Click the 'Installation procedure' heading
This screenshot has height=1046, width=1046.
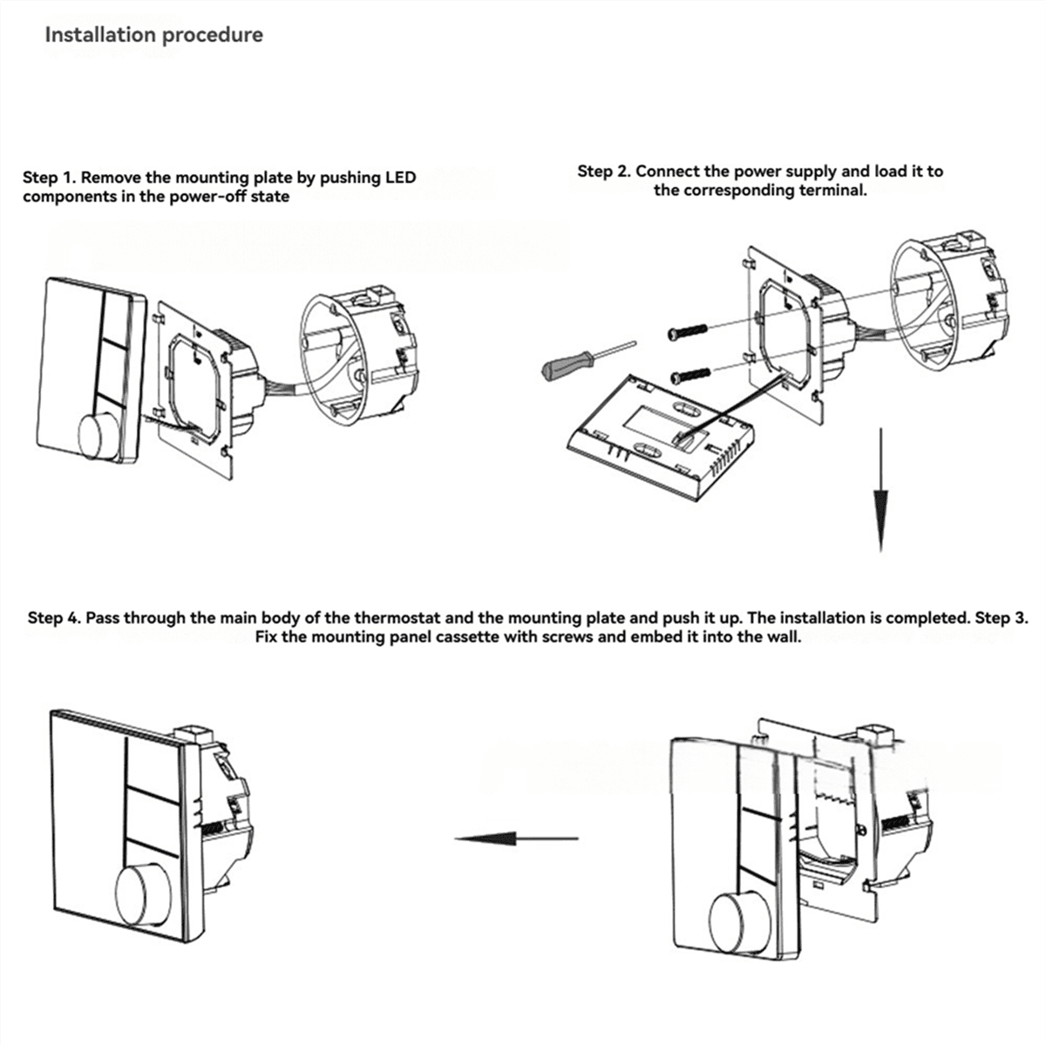coord(153,35)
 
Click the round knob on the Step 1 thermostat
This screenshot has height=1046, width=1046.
coord(103,433)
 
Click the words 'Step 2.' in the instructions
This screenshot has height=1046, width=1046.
coord(603,172)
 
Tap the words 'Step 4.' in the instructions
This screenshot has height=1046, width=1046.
coord(54,618)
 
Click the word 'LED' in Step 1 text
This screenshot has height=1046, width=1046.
coord(400,178)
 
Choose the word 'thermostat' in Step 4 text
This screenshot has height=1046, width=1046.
coord(408,618)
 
